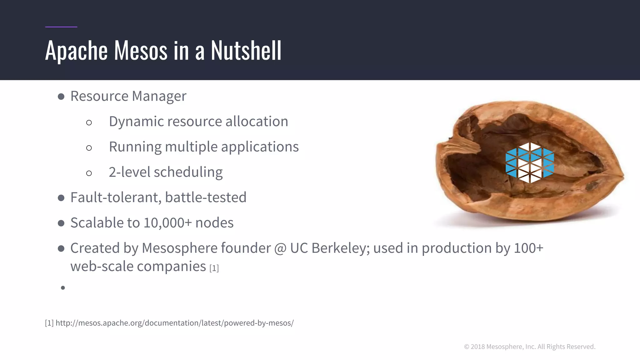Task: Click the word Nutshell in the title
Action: [x=246, y=51]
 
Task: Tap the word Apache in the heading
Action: [x=76, y=51]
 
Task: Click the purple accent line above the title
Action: [x=61, y=27]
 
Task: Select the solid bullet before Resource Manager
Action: [x=61, y=97]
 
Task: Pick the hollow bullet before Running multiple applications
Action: [x=89, y=148]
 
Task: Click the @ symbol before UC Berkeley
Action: [x=280, y=249]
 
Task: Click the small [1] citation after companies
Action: [x=214, y=268]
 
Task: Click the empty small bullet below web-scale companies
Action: [x=63, y=288]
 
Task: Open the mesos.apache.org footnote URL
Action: [x=174, y=323]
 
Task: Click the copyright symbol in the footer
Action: [x=467, y=347]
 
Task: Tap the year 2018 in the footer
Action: [x=477, y=347]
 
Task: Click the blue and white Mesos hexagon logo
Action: [x=530, y=162]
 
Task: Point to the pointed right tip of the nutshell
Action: [x=622, y=177]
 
